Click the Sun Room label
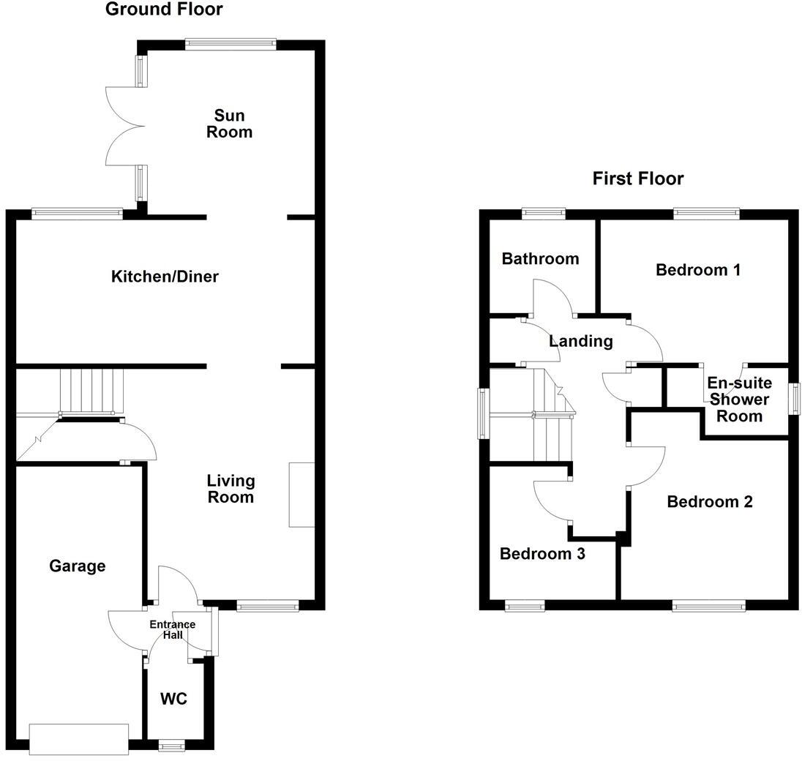coord(229,124)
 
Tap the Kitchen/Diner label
coord(165,277)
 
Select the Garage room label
coord(78,566)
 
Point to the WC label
coord(173,699)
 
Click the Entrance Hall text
coord(172,629)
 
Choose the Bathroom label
coord(540,258)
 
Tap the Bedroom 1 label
coord(698,270)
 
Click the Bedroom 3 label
coord(542,554)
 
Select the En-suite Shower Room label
coord(739,400)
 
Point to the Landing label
coord(580,341)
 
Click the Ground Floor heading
coord(164,10)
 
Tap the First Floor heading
coord(638,179)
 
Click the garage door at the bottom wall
coord(79,738)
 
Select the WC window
coord(173,746)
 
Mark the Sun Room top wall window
coord(231,45)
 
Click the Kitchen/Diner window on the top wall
coord(77,214)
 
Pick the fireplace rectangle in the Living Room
coord(301,495)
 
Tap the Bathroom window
coord(544,214)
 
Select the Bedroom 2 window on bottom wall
coord(708,605)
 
